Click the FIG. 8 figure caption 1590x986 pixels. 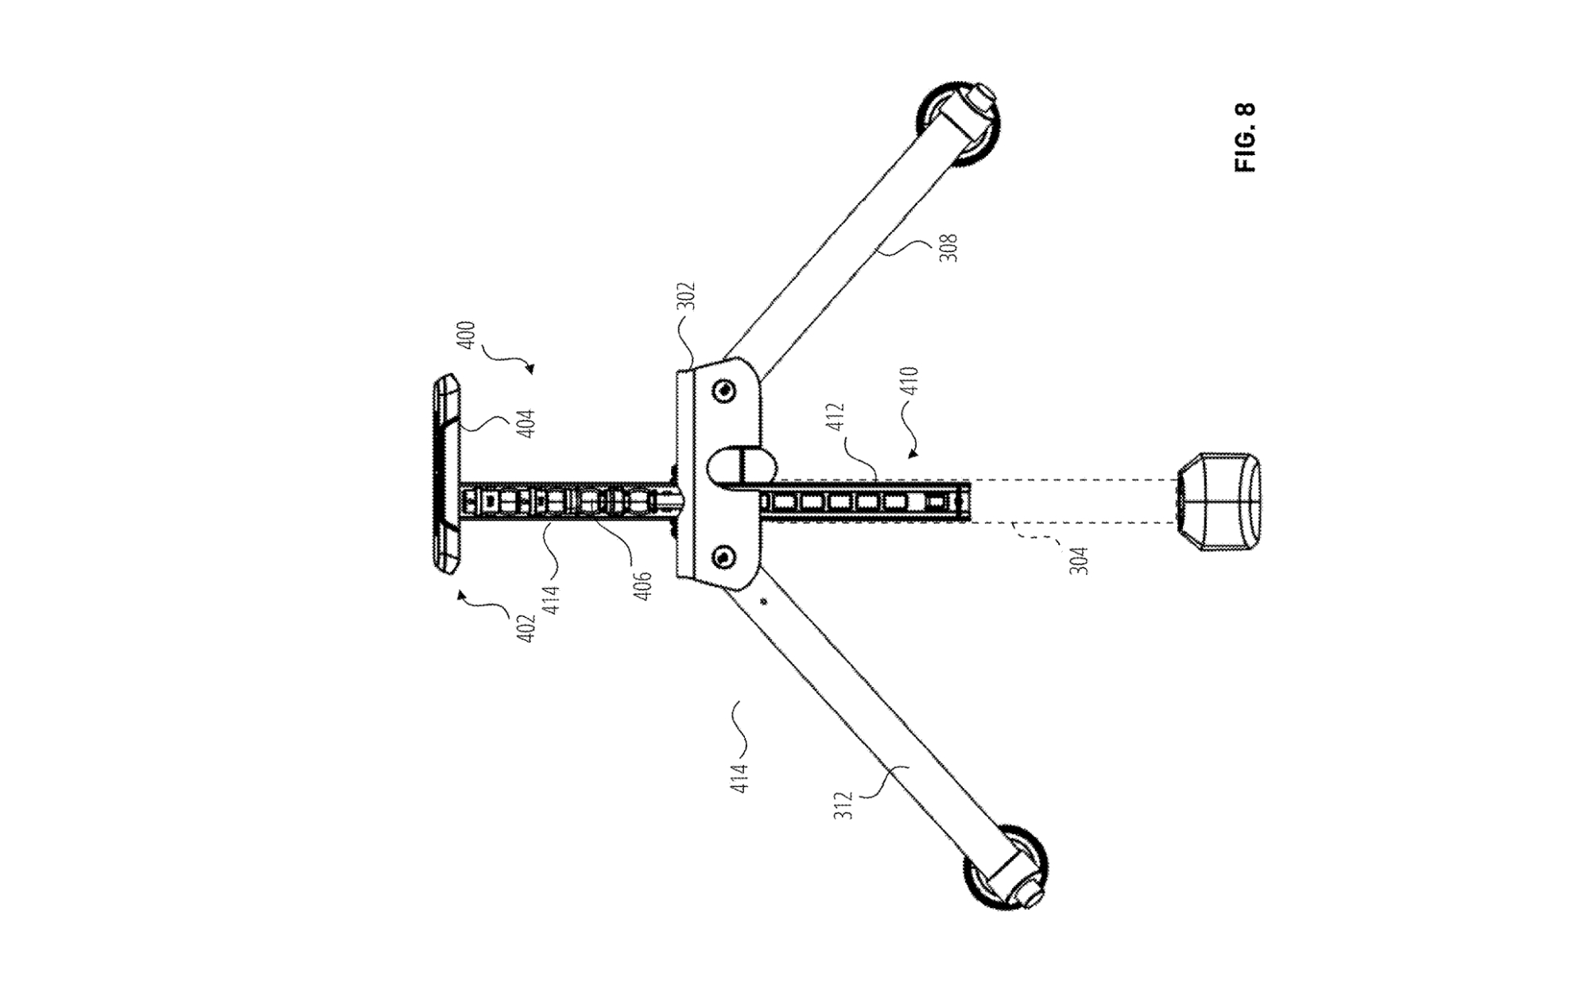1245,138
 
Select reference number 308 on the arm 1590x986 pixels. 948,247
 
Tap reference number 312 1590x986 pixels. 845,805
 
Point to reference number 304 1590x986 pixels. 1078,559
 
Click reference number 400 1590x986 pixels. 467,334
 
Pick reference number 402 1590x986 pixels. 525,627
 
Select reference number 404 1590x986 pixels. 525,422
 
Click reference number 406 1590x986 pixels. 643,585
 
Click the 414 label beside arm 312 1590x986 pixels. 739,778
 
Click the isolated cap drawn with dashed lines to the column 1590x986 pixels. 1218,503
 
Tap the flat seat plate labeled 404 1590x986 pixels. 447,473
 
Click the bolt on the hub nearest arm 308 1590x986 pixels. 723,390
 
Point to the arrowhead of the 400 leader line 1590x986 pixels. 530,369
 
